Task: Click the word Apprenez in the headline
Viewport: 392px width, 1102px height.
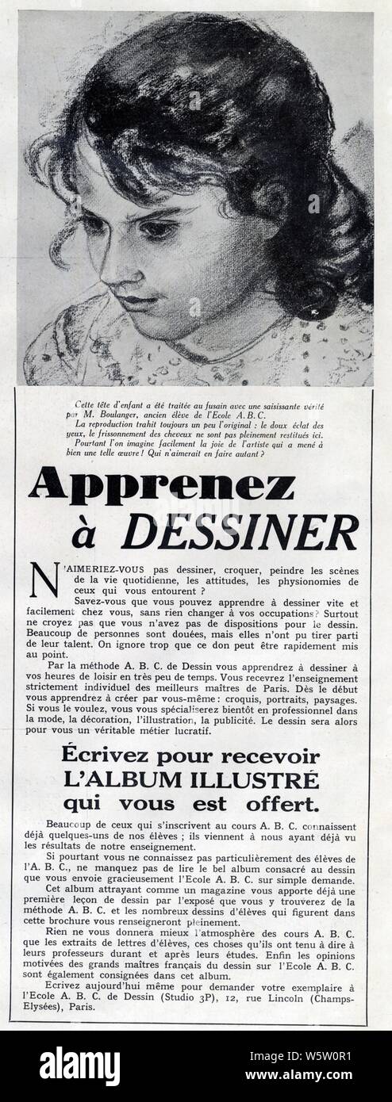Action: click(x=161, y=484)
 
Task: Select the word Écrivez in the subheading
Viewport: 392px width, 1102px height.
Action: click(x=113, y=756)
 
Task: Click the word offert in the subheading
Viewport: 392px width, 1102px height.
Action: click(x=278, y=804)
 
